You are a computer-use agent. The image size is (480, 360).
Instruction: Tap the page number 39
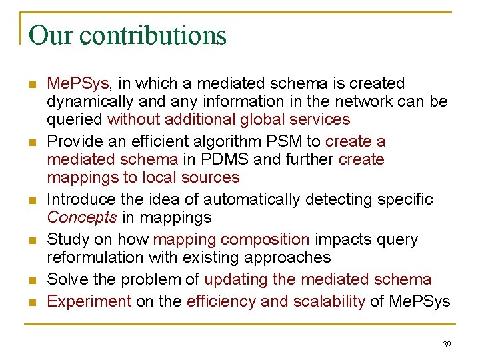tap(447, 344)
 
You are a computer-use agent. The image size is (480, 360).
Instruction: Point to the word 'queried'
tap(75, 119)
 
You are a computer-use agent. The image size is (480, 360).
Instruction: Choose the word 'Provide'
tap(75, 141)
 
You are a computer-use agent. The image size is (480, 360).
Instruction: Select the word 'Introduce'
tap(83, 199)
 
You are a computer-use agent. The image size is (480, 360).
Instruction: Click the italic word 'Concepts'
tap(82, 217)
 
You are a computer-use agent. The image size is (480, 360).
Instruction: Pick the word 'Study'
tap(67, 239)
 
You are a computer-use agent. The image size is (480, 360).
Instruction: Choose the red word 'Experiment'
tap(89, 301)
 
